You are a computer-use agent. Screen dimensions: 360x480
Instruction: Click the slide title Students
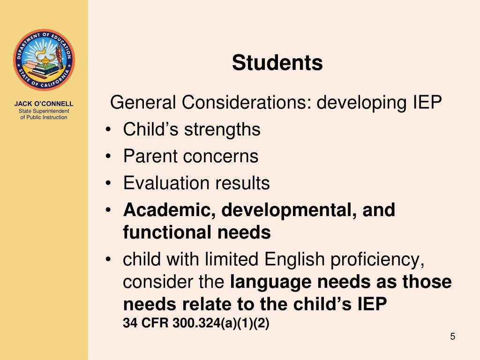[x=277, y=63]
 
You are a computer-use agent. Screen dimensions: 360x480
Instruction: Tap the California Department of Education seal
[x=44, y=60]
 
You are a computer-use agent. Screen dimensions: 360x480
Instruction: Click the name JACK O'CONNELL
[x=44, y=104]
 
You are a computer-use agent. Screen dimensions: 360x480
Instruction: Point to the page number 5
[x=452, y=336]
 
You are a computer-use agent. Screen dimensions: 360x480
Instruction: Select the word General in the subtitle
[x=143, y=102]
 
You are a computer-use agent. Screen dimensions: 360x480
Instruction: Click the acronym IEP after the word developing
[x=427, y=102]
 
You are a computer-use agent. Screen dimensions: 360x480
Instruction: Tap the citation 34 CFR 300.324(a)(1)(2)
[x=196, y=323]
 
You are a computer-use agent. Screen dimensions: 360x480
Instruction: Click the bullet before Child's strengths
[x=109, y=130]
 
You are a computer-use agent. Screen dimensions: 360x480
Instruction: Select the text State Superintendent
[x=44, y=111]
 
